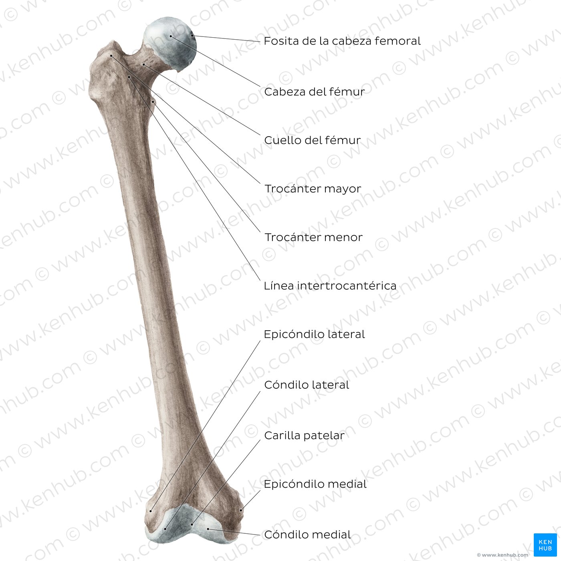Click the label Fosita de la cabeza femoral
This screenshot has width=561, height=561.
[342, 41]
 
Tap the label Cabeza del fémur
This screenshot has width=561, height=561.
[315, 92]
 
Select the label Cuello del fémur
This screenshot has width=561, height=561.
[313, 140]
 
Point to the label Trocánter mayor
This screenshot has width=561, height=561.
[313, 189]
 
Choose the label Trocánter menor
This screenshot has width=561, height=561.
[313, 237]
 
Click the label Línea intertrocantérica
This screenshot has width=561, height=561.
[330, 286]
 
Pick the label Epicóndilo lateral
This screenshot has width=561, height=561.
[315, 334]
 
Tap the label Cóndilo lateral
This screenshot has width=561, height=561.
[307, 385]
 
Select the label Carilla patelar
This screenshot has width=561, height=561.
[304, 436]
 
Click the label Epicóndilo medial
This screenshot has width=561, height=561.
[315, 484]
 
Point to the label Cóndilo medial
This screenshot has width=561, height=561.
[307, 535]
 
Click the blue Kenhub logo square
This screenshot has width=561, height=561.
[545, 545]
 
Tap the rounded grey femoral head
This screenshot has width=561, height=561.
[170, 44]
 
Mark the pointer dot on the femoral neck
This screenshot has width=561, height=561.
[143, 64]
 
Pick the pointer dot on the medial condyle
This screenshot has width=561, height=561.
[208, 529]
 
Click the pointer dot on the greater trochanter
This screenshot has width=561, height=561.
[111, 55]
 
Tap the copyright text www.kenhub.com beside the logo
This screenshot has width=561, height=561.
[502, 555]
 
